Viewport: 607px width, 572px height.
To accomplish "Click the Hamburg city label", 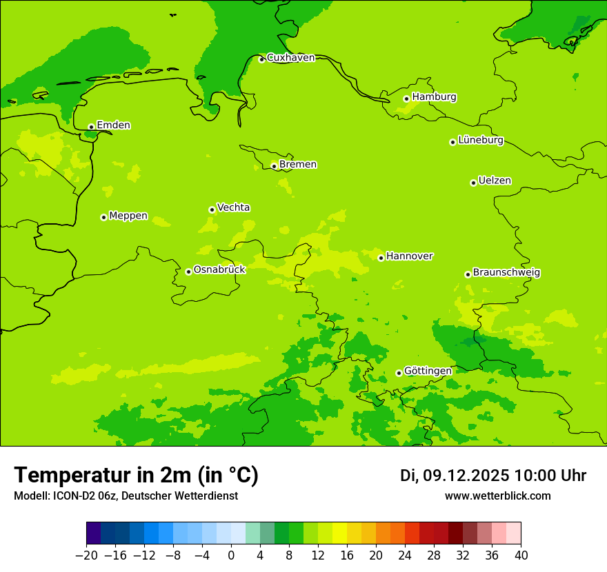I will [434, 97].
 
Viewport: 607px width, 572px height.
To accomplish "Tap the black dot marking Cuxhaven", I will [261, 60].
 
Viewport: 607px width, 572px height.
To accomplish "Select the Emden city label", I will [113, 125].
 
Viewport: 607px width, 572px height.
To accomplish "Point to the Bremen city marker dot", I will [274, 166].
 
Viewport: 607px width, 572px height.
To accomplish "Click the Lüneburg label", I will [480, 141].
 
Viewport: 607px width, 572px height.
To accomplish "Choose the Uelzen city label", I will [495, 181].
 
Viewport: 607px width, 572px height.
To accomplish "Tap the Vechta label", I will [233, 207].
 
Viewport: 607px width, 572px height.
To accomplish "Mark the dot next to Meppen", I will [103, 217].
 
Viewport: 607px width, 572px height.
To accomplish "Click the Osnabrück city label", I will [219, 270].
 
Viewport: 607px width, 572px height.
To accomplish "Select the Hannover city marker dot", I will [381, 258].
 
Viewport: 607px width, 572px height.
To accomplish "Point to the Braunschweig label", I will [506, 273].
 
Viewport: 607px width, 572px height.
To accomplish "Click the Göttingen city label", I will [428, 371].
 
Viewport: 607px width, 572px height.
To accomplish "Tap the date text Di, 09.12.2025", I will [455, 476].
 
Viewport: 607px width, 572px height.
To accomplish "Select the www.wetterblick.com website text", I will [497, 496].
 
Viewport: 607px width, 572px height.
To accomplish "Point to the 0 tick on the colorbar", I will [231, 555].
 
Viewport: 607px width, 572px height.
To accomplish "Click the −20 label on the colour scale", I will [86, 555].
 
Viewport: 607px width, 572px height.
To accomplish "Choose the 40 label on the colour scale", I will [521, 555].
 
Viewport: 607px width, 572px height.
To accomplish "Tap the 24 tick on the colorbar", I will [405, 555].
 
